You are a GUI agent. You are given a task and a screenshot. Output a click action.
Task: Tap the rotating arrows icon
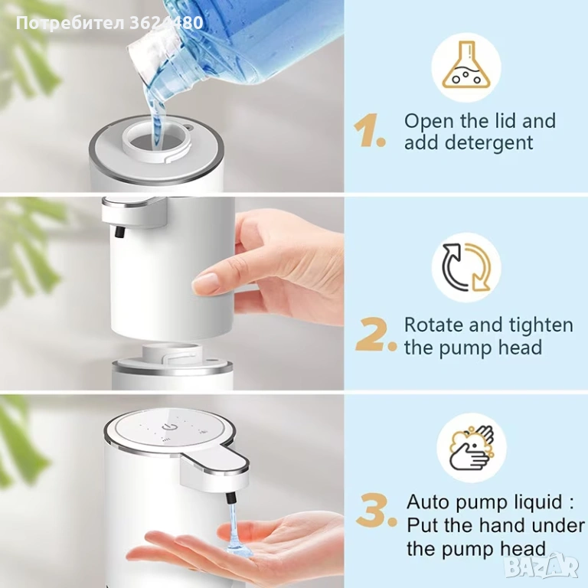[466, 267]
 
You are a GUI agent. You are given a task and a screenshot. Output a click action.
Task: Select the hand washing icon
[472, 448]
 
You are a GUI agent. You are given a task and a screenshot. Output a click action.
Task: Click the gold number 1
[369, 130]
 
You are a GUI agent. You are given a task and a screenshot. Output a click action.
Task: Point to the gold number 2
[375, 335]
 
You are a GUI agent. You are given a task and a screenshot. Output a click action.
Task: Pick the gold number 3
[376, 510]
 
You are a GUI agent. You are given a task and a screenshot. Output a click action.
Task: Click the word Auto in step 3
[429, 501]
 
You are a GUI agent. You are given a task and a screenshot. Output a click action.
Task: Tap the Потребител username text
[70, 24]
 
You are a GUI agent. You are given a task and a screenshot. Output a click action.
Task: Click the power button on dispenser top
[166, 426]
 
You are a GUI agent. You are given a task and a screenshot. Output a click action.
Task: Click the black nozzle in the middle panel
[119, 231]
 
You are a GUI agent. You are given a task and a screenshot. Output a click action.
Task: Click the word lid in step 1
[503, 121]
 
